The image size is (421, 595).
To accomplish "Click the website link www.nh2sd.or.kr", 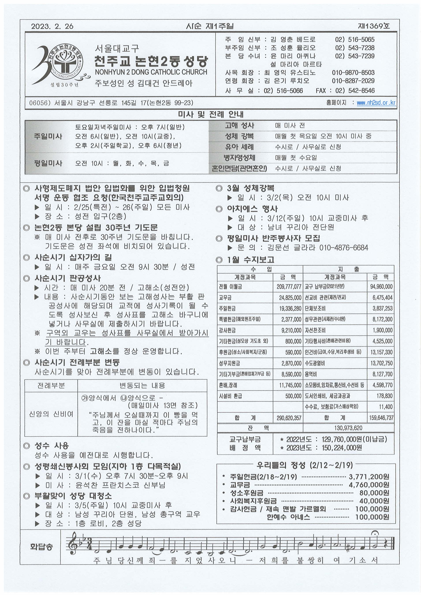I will pos(376,103).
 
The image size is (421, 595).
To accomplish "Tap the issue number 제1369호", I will pos(374,26).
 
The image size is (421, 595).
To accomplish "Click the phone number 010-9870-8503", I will pos(353,72).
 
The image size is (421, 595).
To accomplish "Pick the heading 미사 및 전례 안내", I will pos(210,115).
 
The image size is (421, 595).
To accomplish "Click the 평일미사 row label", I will pos(48,163).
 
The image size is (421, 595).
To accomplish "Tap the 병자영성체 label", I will pos(239,158).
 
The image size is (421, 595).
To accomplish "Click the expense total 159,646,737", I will pos(381,418).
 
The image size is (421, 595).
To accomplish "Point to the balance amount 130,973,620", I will pos(348,428).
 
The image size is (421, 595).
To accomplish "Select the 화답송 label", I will pos(41,547).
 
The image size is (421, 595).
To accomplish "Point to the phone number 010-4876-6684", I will pos(343,248).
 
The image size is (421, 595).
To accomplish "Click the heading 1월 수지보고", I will pos(250,260).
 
